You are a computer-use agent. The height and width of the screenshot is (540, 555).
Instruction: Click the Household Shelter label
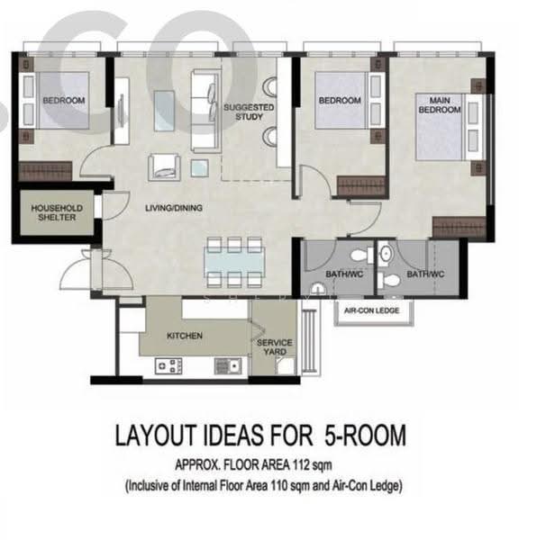point(57,213)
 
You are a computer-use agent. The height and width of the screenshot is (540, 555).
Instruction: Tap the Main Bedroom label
point(440,105)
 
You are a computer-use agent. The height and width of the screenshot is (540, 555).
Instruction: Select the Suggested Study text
point(249,112)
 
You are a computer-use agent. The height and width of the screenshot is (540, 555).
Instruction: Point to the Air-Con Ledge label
point(371,310)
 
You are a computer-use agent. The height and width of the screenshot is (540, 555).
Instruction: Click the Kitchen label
point(185,336)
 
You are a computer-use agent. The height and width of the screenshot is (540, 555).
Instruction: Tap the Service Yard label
point(275,347)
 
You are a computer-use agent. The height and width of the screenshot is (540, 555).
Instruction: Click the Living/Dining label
point(174,208)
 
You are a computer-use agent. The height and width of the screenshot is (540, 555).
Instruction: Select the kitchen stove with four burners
point(168,366)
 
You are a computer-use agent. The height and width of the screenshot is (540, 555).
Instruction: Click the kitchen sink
point(228,366)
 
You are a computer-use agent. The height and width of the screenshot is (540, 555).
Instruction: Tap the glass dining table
point(234,262)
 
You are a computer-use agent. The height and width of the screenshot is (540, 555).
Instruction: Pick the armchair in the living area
point(164,167)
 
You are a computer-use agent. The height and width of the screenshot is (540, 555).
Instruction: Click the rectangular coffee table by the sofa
point(164,111)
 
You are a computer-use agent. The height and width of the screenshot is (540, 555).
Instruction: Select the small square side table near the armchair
point(199,168)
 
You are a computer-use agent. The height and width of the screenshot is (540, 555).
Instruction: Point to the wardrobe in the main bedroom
point(459,228)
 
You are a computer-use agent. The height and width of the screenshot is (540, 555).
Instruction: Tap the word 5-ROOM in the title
point(365,435)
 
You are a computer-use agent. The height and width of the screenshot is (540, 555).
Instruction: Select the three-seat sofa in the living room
point(206,111)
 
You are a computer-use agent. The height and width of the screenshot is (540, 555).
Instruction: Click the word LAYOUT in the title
point(156,435)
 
